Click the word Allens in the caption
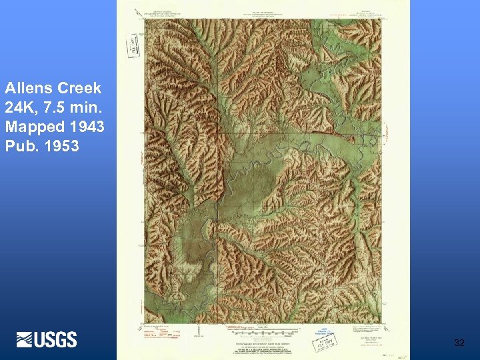click(x=27, y=88)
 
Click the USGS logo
click(x=47, y=339)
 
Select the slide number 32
click(x=459, y=343)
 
